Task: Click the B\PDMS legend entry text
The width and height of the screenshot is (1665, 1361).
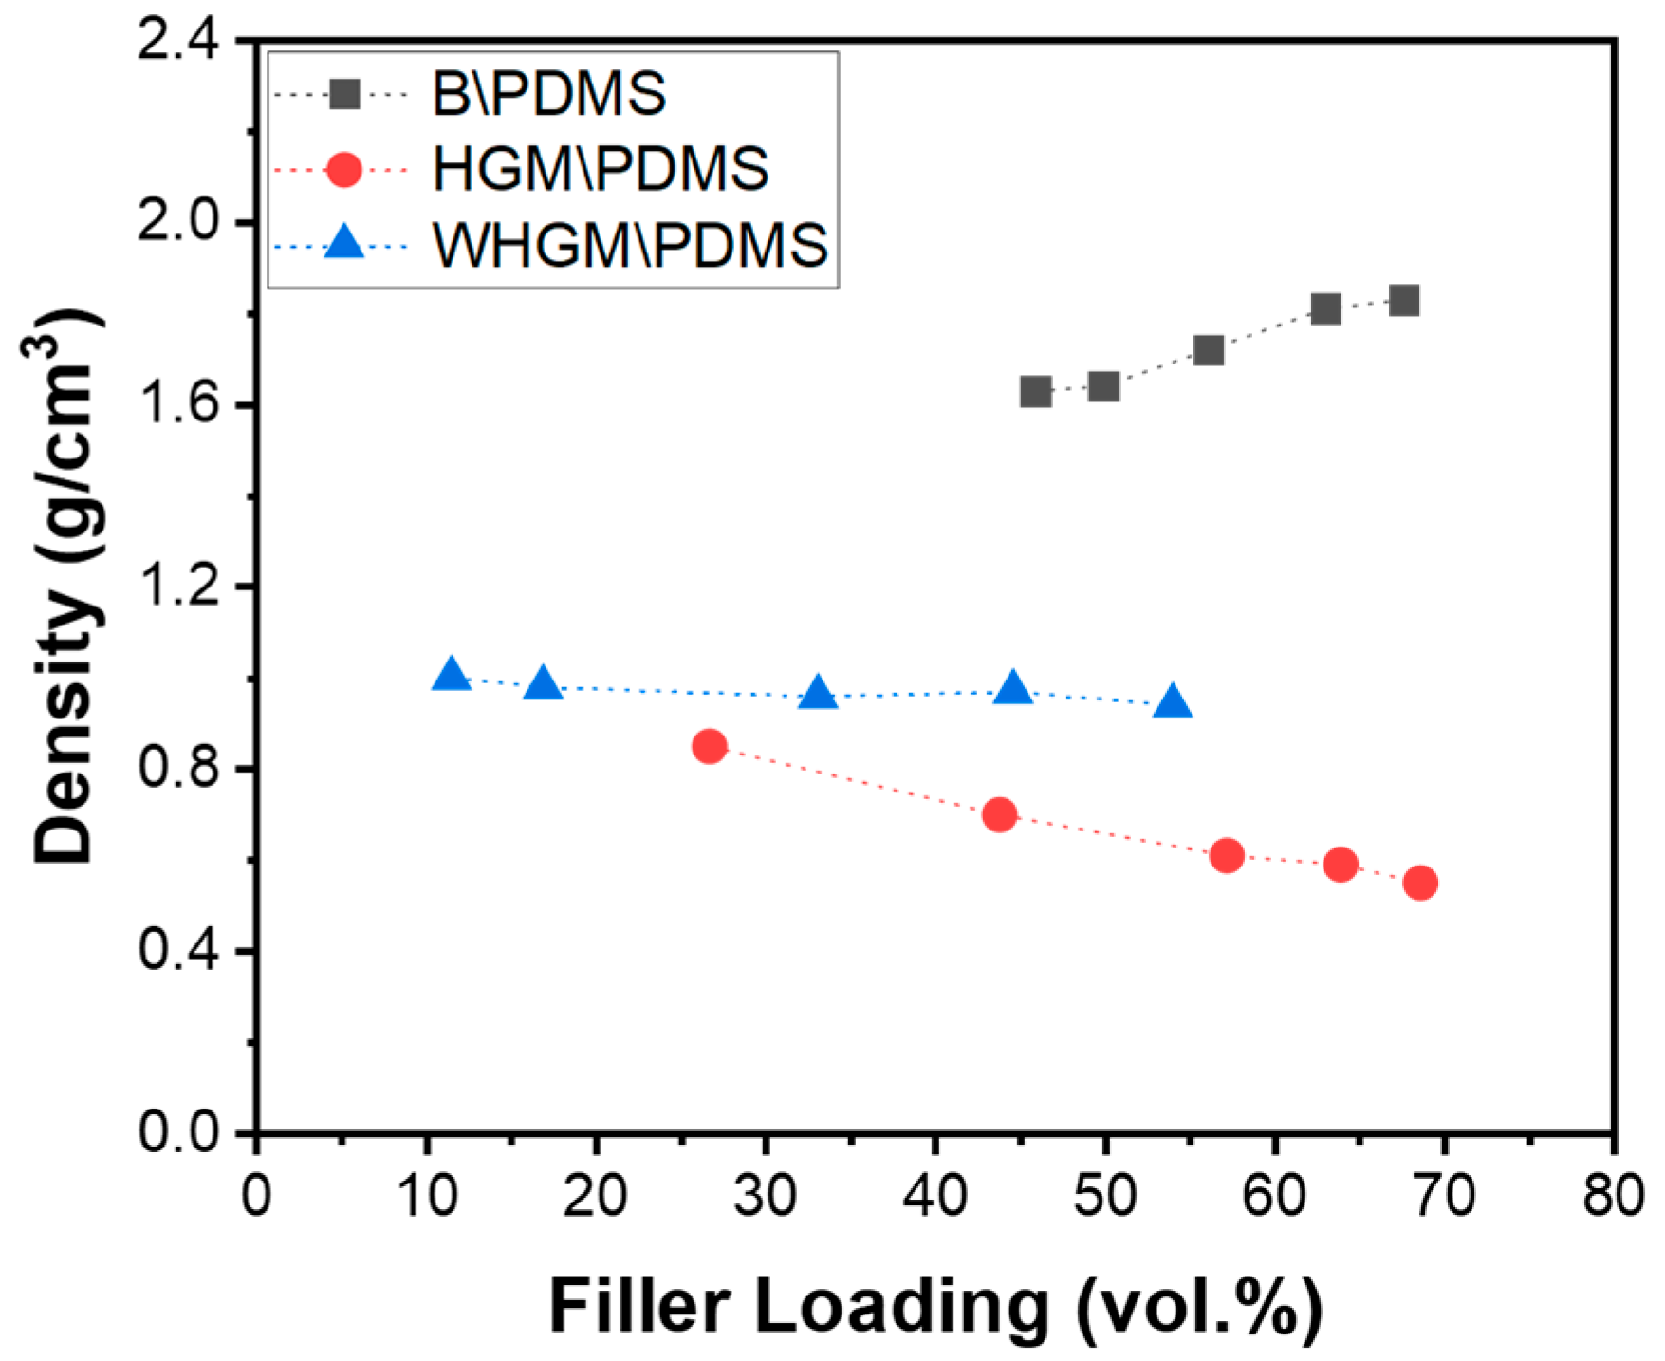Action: coord(548,94)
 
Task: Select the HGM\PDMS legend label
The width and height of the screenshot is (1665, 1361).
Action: coord(600,169)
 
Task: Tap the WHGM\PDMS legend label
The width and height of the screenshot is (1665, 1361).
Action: coord(630,245)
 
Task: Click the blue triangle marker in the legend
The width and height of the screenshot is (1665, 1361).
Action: coord(343,244)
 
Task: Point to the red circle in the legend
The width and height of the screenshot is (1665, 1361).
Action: coord(343,170)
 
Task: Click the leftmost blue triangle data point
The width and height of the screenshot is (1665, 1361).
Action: coord(452,676)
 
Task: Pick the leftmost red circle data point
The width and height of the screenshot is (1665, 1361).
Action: coord(710,747)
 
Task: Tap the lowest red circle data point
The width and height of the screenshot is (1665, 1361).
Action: coord(1420,884)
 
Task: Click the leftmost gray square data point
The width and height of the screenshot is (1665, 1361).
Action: coord(1036,391)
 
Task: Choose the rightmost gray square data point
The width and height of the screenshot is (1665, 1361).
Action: coord(1404,301)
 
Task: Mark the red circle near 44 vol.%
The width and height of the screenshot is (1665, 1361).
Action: coord(1000,814)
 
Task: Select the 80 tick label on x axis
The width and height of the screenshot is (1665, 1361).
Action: coord(1613,1196)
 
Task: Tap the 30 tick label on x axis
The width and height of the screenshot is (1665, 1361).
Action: coord(765,1196)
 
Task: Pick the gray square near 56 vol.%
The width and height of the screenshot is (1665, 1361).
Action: coord(1209,350)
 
